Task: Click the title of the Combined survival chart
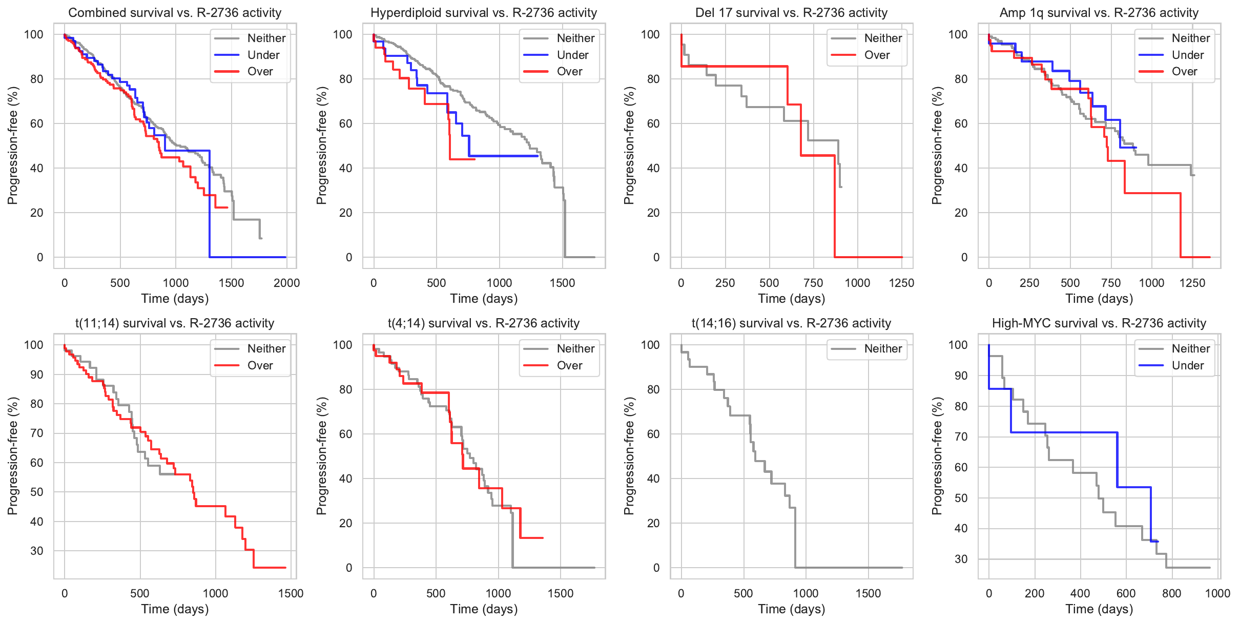(x=175, y=13)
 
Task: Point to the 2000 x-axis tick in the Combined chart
(x=286, y=283)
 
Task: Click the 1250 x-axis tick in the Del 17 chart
(x=901, y=283)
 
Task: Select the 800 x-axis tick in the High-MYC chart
(x=1172, y=593)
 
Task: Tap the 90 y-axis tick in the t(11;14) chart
(x=37, y=375)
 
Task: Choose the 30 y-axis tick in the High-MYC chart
(x=961, y=559)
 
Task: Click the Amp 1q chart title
(x=1099, y=13)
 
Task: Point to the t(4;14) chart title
(x=484, y=323)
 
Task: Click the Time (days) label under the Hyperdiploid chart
(x=484, y=299)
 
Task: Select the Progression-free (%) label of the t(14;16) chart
(x=629, y=456)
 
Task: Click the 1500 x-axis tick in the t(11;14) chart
(x=291, y=593)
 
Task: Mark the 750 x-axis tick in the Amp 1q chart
(x=1111, y=283)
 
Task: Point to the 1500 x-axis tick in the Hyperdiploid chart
(x=562, y=283)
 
